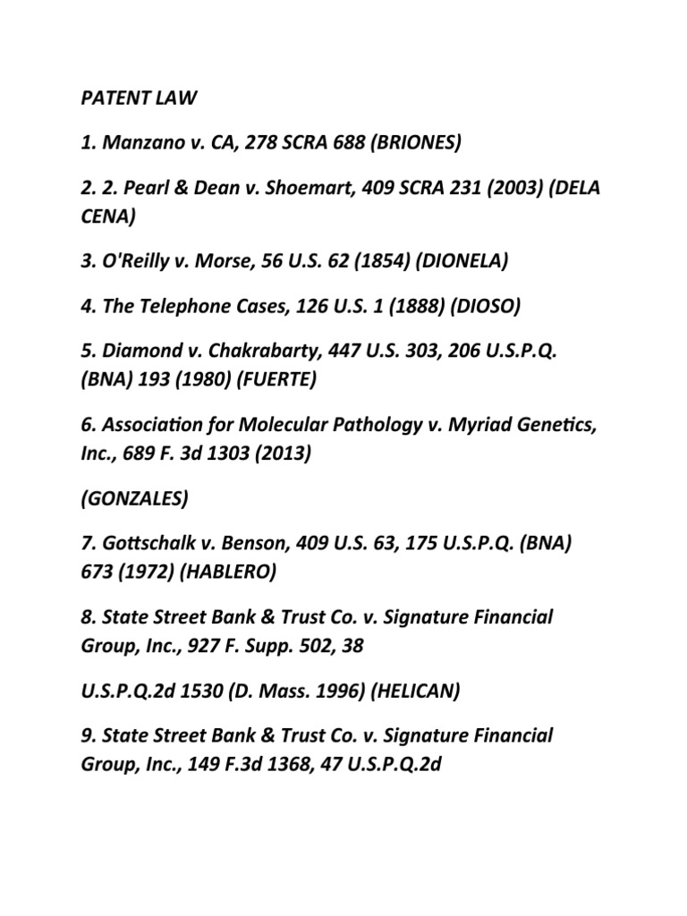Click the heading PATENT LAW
134,98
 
